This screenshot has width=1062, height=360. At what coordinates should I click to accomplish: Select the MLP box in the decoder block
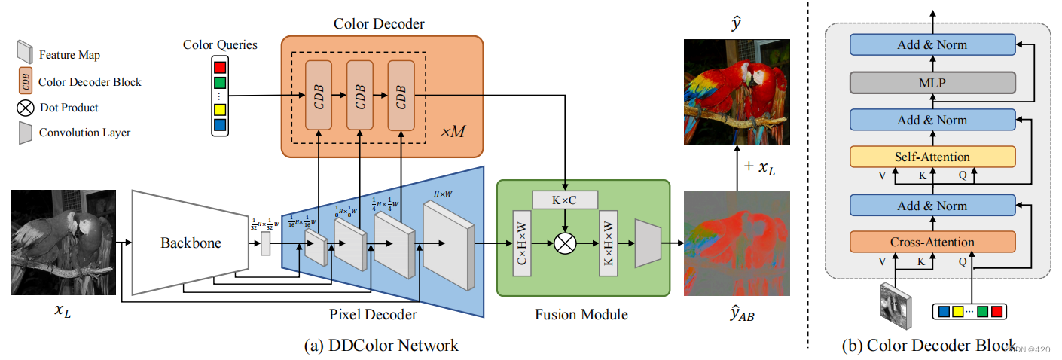coord(932,82)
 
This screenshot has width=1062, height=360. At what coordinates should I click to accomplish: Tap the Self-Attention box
coord(932,157)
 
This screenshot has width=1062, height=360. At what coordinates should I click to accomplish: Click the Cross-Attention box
coord(932,242)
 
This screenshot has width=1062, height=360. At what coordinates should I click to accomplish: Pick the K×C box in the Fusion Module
coord(564,200)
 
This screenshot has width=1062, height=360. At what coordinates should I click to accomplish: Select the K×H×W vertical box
coord(608,243)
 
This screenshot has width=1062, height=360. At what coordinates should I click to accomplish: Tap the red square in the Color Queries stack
coord(219,69)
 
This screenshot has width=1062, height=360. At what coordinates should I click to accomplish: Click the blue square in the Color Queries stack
coord(219,125)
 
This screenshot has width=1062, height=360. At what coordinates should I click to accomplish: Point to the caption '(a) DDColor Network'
coord(380,346)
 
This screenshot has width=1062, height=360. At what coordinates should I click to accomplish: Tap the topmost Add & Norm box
coord(932,44)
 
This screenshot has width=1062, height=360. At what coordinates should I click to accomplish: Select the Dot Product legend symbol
coord(26,108)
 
